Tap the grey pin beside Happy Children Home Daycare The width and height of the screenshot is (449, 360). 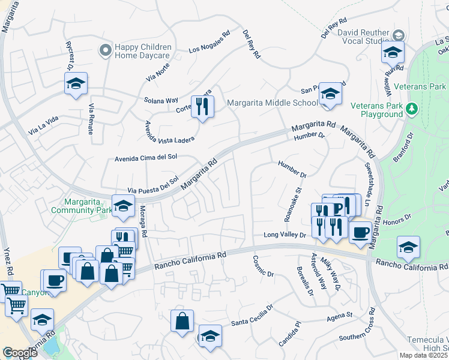click(106, 51)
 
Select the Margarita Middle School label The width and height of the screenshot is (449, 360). click(272, 103)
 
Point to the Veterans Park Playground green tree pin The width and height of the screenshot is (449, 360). click(411, 109)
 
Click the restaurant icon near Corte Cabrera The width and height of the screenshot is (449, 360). click(202, 106)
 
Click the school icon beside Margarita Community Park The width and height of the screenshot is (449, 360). click(123, 206)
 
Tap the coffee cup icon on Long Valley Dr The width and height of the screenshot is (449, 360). click(360, 233)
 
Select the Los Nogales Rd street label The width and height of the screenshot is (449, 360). click(209, 42)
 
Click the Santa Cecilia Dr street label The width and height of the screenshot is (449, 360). click(252, 314)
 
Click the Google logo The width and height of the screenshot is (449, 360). click(20, 353)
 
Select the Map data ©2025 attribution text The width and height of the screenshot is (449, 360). click(424, 355)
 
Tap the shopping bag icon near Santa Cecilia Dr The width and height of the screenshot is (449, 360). click(182, 320)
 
